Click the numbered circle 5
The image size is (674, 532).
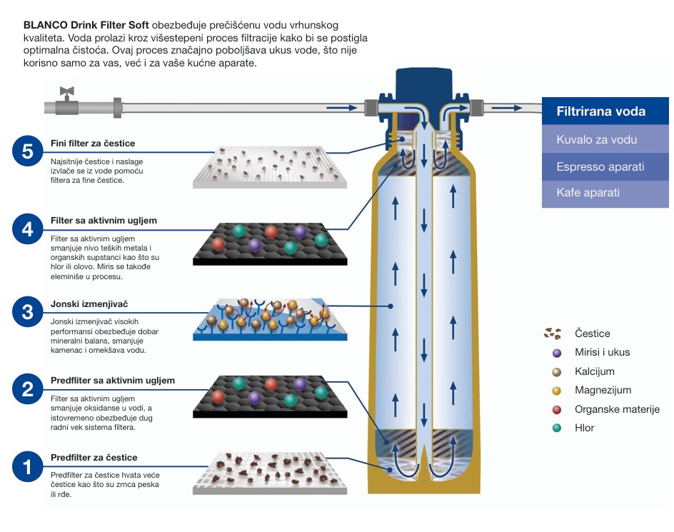(28, 151)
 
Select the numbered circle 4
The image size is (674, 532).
(28, 229)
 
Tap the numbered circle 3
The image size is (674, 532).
(28, 312)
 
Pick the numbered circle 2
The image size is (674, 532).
(28, 389)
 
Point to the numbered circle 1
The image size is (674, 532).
(28, 467)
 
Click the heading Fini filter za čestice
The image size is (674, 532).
(93, 144)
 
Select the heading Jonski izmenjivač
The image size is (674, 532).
(84, 304)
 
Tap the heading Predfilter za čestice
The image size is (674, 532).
(94, 458)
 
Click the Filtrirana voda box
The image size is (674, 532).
(605, 111)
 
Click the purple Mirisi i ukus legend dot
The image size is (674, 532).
(557, 352)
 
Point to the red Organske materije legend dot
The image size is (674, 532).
(557, 409)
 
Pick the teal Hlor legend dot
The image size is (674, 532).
(557, 428)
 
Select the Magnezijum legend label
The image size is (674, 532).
(603, 391)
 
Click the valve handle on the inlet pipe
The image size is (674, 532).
(67, 92)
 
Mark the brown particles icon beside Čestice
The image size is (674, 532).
(552, 333)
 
